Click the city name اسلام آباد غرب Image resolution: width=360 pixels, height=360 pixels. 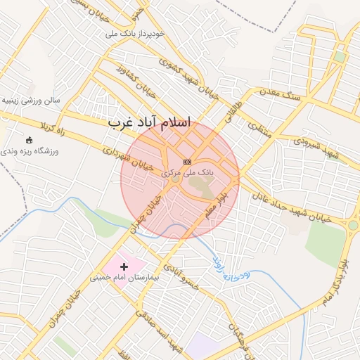click(x=150, y=122)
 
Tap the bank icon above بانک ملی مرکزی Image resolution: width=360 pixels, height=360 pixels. click(x=187, y=162)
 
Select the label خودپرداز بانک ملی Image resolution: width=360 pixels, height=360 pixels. click(x=135, y=33)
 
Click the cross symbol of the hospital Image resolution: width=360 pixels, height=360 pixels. click(x=125, y=266)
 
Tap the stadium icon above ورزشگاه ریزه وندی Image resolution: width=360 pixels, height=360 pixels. click(x=29, y=140)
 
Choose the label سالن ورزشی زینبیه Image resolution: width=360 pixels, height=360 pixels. click(x=32, y=100)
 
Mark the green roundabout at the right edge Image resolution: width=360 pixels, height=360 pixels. click(x=353, y=225)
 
